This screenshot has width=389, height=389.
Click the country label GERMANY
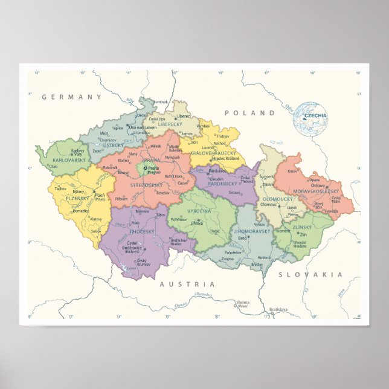[x=72, y=97]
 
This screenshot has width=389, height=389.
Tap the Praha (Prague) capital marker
[x=146, y=169]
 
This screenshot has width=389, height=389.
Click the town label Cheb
[x=54, y=167]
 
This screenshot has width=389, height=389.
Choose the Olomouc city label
[x=269, y=204]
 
